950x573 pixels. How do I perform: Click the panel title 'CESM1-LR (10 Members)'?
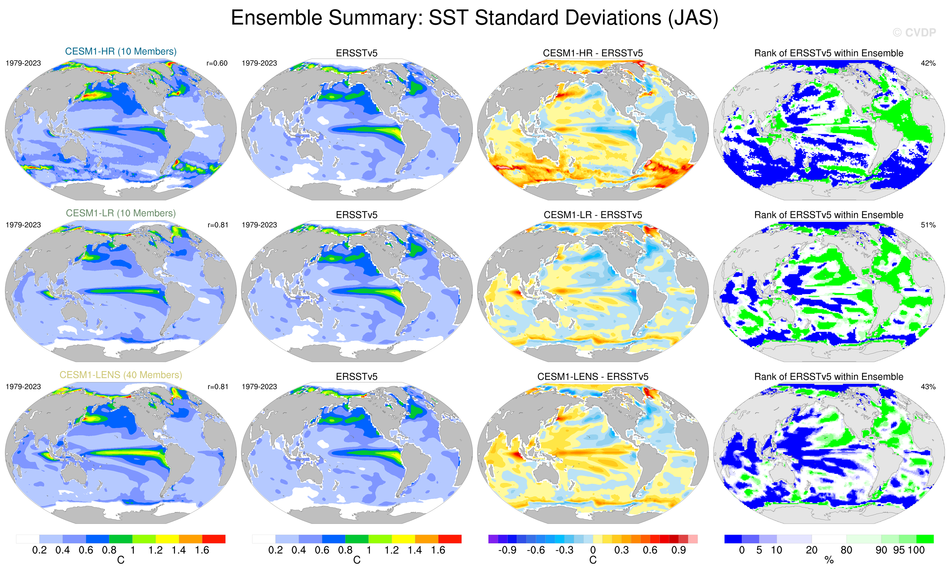(121, 213)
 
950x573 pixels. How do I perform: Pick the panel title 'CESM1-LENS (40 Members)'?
(121, 375)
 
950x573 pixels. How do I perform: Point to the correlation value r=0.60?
(217, 63)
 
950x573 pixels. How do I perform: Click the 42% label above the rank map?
(928, 63)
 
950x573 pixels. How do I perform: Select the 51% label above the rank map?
(928, 225)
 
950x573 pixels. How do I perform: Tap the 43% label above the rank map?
(928, 387)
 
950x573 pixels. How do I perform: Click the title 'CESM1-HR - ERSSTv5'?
(593, 53)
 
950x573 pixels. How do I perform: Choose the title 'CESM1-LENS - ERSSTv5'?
(593, 377)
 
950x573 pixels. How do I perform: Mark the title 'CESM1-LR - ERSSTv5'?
(593, 215)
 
